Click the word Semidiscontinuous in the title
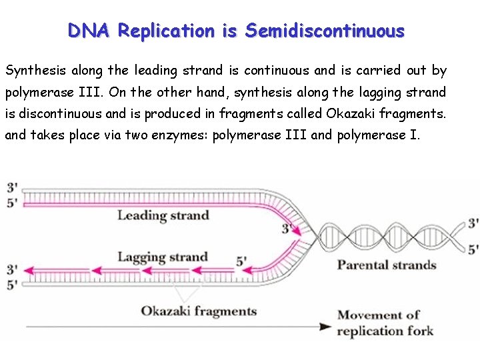pyautogui.click(x=325, y=31)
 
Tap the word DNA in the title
pyautogui.click(x=90, y=31)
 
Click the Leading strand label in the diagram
pyautogui.click(x=163, y=215)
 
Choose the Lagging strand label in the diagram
pyautogui.click(x=163, y=257)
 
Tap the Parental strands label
pyautogui.click(x=387, y=265)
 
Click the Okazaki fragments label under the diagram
pyautogui.click(x=199, y=311)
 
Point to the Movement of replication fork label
pyautogui.click(x=385, y=323)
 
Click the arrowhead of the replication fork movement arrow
pyautogui.click(x=325, y=327)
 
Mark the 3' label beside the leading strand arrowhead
pyautogui.click(x=287, y=228)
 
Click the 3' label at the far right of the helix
pyautogui.click(x=473, y=223)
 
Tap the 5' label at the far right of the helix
pyautogui.click(x=473, y=249)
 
